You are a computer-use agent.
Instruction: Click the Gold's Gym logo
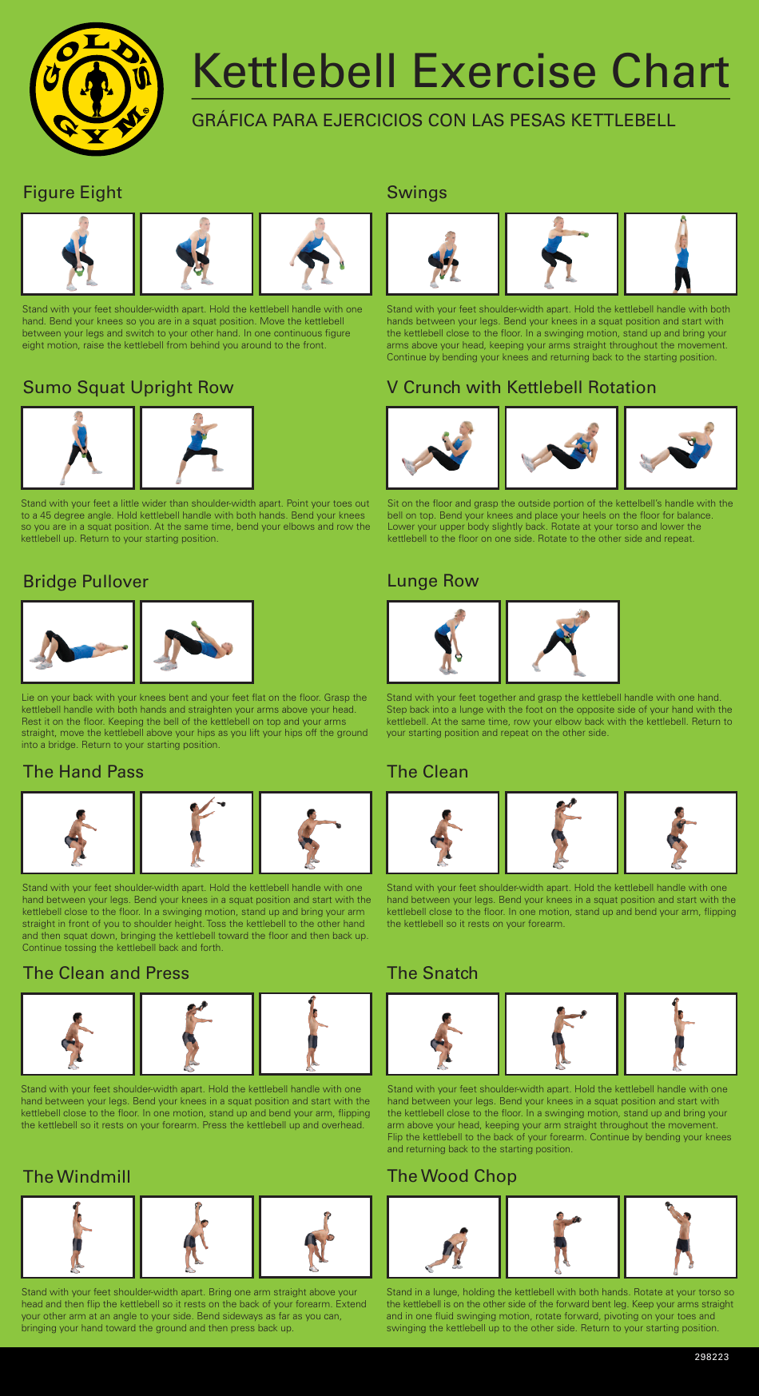97,89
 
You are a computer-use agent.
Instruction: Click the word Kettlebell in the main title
295,72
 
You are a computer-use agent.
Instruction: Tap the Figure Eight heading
73,193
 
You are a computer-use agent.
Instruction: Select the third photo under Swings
681,254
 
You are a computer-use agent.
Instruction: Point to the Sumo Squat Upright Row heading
128,388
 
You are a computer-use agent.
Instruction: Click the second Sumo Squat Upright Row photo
197,447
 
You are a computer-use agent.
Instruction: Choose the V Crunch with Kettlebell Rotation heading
521,388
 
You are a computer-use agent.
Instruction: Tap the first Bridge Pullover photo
77,642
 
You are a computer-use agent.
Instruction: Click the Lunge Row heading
432,581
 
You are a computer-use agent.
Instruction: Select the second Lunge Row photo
562,642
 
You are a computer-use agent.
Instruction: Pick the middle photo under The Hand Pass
197,833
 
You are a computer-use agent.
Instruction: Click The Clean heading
427,772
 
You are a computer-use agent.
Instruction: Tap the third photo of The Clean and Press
316,1034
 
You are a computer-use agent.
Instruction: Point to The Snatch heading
432,973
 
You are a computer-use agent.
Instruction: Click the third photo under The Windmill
316,1237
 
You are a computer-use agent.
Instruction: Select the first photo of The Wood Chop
443,1237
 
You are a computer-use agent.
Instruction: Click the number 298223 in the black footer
711,1357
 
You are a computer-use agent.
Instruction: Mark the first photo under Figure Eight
77,254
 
